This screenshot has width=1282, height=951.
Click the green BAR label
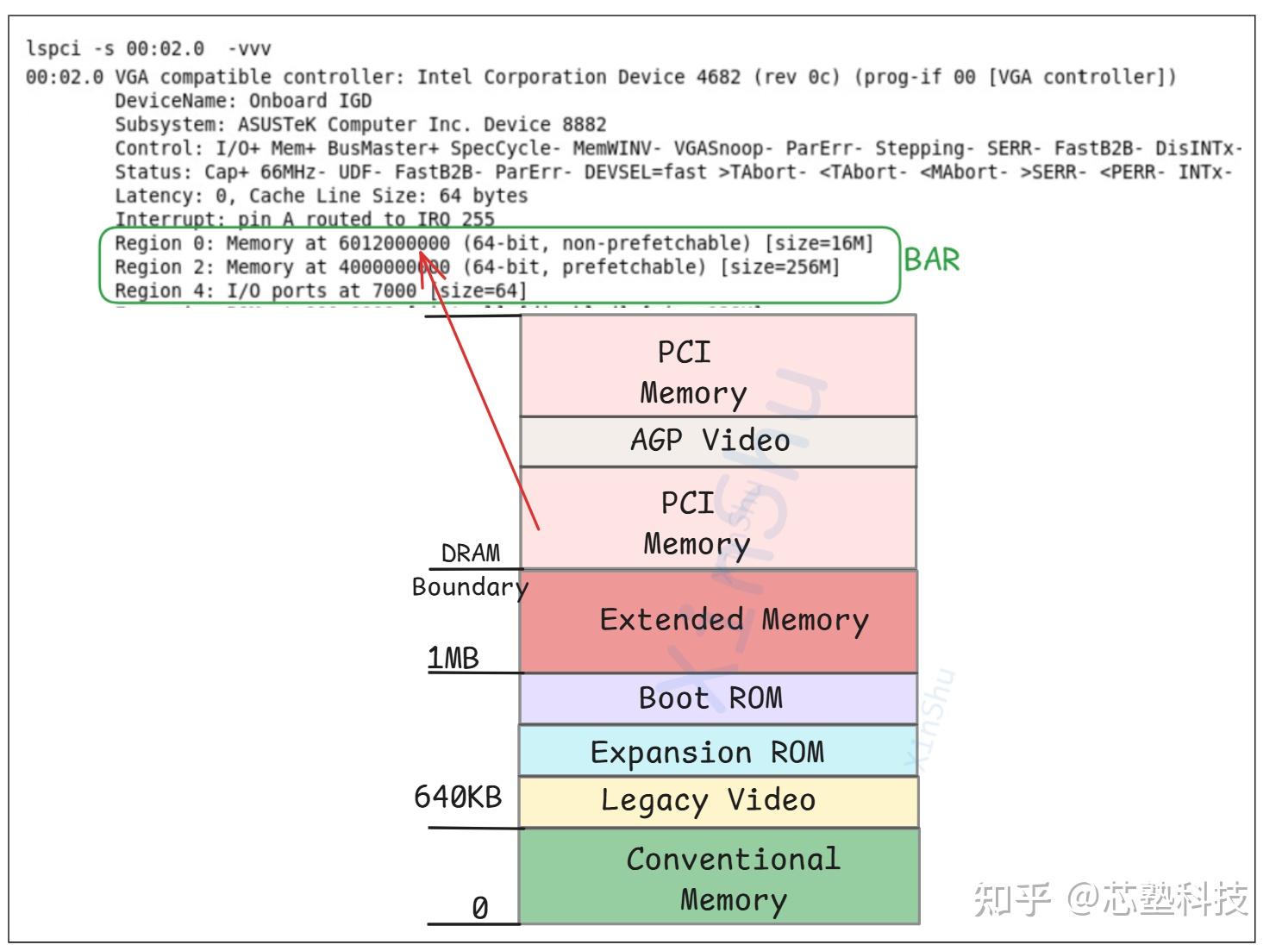pyautogui.click(x=932, y=260)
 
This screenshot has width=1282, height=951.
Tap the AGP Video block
pyautogui.click(x=717, y=441)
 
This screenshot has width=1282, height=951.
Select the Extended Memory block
pyautogui.click(x=718, y=621)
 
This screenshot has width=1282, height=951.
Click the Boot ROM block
pyautogui.click(x=717, y=698)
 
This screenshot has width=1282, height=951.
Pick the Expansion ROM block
pyautogui.click(x=717, y=752)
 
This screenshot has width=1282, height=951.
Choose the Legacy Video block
pyautogui.click(x=717, y=801)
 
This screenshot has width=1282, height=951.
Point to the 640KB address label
pyautogui.click(x=458, y=797)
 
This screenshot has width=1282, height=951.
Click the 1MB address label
pyautogui.click(x=453, y=658)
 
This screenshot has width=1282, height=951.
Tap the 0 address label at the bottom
pyautogui.click(x=479, y=908)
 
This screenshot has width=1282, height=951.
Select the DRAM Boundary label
pyautogui.click(x=470, y=569)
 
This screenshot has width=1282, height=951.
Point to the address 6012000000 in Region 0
pyautogui.click(x=394, y=244)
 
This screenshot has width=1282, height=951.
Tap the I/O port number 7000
pyautogui.click(x=394, y=291)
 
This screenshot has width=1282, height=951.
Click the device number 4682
pyautogui.click(x=718, y=78)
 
